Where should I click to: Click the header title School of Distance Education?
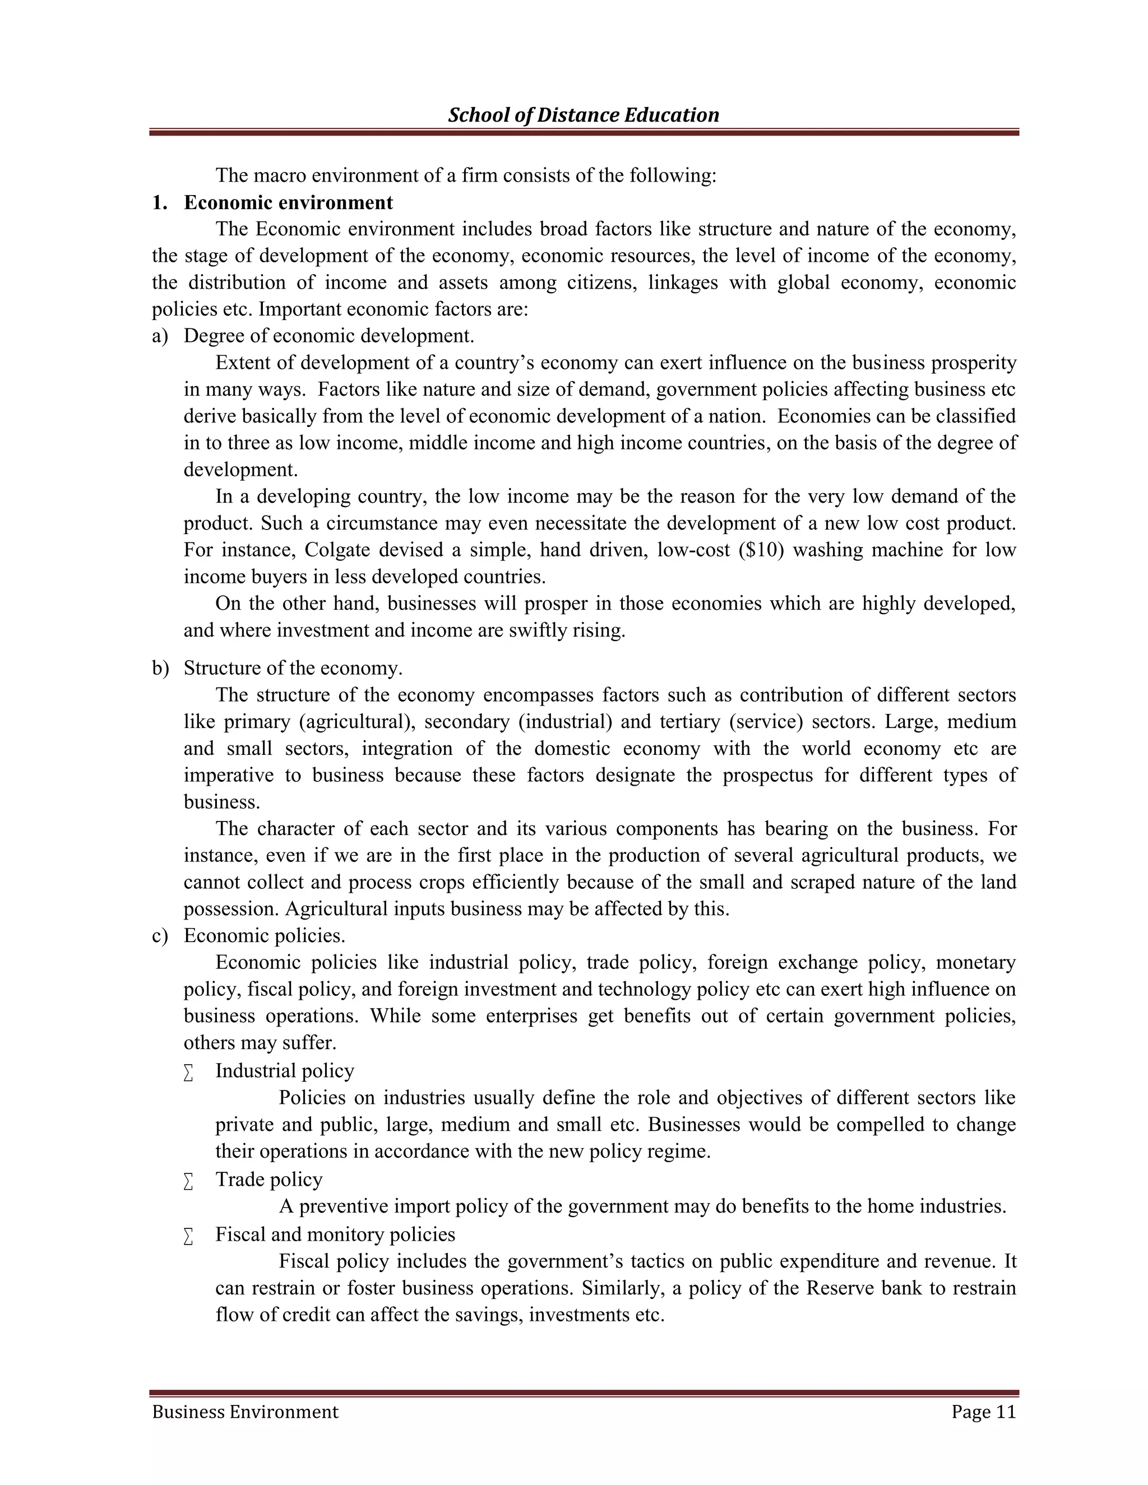click(x=583, y=115)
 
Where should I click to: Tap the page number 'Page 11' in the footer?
click(x=983, y=1412)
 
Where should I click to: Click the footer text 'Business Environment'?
click(x=245, y=1412)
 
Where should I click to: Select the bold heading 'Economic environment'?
click(x=288, y=203)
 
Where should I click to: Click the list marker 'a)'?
click(x=160, y=336)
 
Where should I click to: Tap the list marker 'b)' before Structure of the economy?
click(x=160, y=668)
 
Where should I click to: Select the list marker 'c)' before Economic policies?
click(x=160, y=936)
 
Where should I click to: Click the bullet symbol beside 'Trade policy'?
click(x=188, y=1182)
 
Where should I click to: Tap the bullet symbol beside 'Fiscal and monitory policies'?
click(x=188, y=1236)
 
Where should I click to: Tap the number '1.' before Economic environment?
click(x=159, y=203)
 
